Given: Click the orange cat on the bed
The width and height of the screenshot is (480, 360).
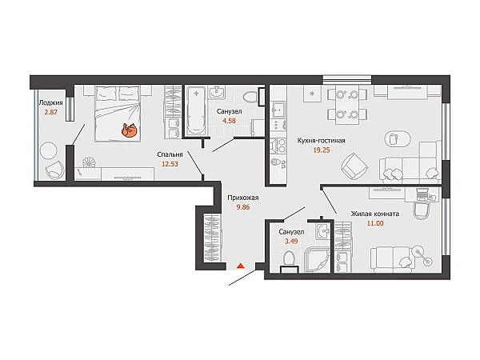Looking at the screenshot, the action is tap(129, 130).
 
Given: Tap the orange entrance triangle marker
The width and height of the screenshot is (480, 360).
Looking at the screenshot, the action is tap(242, 266).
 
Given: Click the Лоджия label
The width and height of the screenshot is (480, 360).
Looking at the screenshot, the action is tap(51, 103).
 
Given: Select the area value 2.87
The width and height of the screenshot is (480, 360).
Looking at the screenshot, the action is tap(51, 112).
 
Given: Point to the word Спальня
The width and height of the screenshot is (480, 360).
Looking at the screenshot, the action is tap(170, 154).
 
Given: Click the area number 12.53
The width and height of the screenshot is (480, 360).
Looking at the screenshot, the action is tap(170, 164).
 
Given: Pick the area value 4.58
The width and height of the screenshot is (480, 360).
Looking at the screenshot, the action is tap(229, 121).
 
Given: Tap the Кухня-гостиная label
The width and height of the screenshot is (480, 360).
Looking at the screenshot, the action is tap(322, 141).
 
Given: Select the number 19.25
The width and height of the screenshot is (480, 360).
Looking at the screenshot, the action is tap(322, 150).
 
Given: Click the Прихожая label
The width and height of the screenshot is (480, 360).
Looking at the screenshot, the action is tap(243, 198).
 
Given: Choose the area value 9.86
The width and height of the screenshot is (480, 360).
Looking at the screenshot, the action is tap(243, 207).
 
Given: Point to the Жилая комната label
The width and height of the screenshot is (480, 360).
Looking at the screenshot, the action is tap(375, 214).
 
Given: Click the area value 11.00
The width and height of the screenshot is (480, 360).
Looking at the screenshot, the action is tap(375, 223).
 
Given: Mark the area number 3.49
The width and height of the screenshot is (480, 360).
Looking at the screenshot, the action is tap(291, 242).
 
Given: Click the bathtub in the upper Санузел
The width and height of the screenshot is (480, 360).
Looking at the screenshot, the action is tap(196, 111).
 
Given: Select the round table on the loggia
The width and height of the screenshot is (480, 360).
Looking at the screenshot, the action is tap(49, 150).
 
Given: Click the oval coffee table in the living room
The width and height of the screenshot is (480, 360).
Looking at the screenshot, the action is tap(398, 139).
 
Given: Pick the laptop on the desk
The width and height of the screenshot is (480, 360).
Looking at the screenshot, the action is tap(422, 194).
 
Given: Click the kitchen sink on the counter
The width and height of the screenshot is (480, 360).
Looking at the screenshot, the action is tap(278, 110).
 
